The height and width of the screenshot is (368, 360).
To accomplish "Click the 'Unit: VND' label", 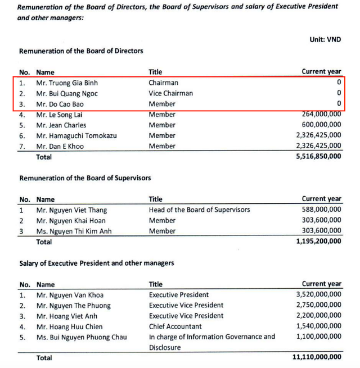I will (x=325, y=41).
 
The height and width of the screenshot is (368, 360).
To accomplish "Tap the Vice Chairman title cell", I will (x=170, y=93).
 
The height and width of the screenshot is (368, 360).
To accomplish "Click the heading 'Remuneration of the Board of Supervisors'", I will (x=85, y=178).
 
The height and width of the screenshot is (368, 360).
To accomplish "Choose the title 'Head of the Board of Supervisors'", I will (x=199, y=210).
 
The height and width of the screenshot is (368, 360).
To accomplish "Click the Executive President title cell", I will (x=178, y=294).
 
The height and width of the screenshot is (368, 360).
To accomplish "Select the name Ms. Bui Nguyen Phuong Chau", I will (x=82, y=337).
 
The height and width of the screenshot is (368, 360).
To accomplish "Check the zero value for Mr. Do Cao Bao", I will (x=339, y=104).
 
